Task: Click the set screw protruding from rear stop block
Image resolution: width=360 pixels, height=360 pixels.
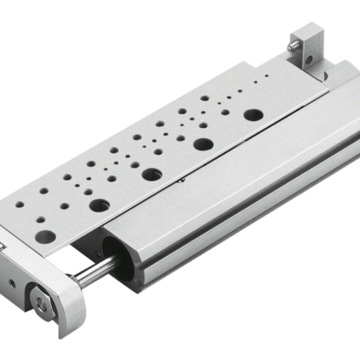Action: (293, 45)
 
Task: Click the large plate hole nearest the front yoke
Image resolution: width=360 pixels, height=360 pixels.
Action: (43, 236)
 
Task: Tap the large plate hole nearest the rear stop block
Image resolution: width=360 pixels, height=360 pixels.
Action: (253, 114)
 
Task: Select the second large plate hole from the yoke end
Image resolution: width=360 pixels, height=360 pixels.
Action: (98, 205)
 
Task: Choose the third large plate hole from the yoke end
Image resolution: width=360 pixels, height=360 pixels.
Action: (151, 175)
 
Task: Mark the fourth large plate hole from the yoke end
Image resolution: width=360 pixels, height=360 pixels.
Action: (203, 144)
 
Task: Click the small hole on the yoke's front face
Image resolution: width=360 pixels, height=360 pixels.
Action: (11, 282)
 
